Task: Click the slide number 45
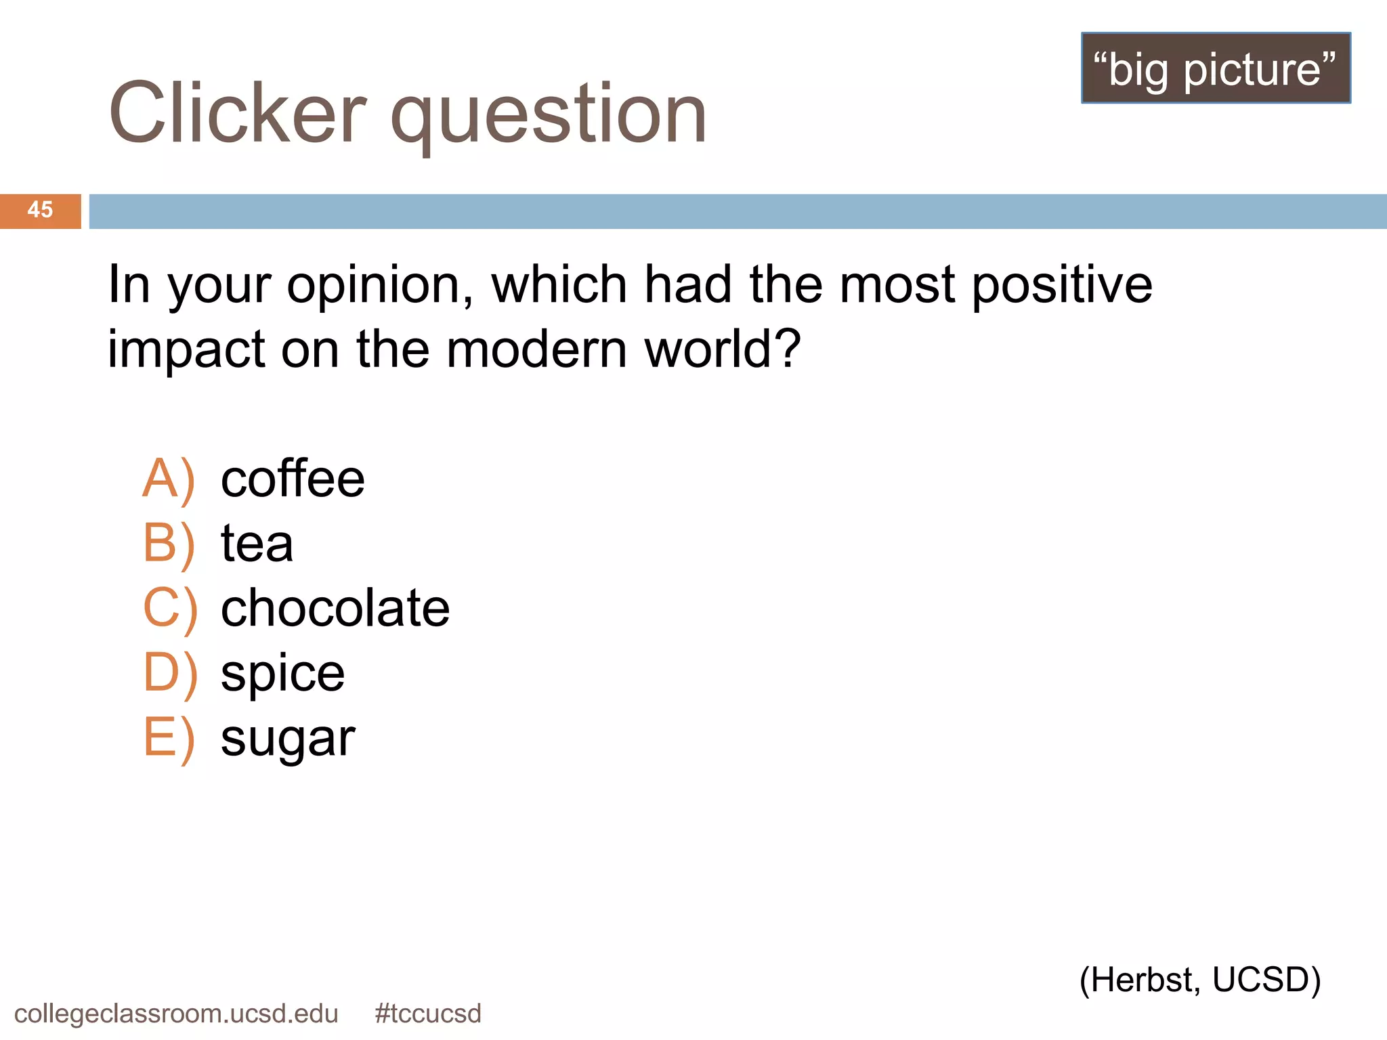[40, 210]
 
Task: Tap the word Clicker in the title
[237, 114]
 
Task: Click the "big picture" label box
[1216, 68]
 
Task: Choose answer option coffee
[293, 479]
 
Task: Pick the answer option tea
[257, 544]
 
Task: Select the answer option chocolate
[335, 608]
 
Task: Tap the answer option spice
[282, 674]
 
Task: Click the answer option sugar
[288, 739]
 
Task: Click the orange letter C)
[170, 609]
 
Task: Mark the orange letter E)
[169, 739]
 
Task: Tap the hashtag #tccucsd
[428, 1014]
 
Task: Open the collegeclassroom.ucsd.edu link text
[176, 1014]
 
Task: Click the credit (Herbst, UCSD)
[1200, 980]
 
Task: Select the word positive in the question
[1062, 286]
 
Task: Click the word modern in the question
[536, 350]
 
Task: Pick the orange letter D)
[170, 674]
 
